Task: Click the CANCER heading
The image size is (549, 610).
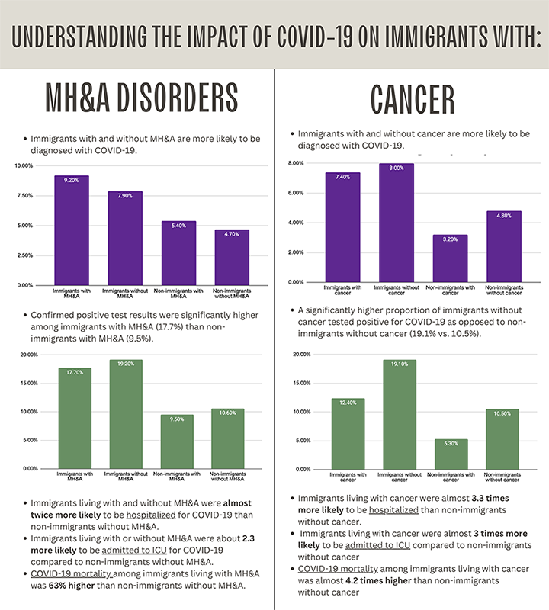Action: pos(413,100)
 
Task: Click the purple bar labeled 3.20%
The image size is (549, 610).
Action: pos(450,258)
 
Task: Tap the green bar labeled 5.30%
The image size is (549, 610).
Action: pos(451,454)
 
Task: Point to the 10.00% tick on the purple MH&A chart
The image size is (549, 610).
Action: pos(23,165)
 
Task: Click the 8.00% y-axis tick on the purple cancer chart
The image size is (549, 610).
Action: pos(294,163)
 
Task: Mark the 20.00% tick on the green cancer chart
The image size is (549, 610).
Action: pos(300,355)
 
